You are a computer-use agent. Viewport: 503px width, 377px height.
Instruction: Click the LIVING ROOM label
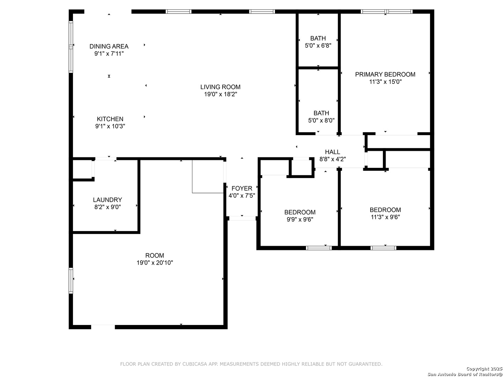pos(220,87)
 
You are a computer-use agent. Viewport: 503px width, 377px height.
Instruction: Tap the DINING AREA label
pos(109,46)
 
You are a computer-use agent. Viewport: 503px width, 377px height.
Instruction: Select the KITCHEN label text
pos(110,119)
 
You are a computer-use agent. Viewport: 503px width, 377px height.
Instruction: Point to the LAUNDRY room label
pos(108,200)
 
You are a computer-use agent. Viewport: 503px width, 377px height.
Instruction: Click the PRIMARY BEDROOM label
pos(385,74)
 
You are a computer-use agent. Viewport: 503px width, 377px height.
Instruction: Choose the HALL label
pos(332,152)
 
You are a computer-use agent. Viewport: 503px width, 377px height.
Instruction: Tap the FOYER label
pos(242,188)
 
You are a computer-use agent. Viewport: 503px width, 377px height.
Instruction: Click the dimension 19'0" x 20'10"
pos(155,263)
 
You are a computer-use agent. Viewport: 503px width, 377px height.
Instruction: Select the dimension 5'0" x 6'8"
pos(318,45)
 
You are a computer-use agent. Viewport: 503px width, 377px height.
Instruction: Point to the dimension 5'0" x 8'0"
pos(321,120)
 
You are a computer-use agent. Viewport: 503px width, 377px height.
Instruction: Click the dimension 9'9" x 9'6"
pos(300,220)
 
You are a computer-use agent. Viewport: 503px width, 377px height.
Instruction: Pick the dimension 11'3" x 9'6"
pos(385,217)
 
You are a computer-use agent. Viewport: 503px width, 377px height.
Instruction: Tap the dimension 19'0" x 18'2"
pos(220,94)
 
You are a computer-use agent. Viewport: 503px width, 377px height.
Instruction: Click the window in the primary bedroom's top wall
pos(387,12)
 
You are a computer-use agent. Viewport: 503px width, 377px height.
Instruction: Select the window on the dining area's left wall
pos(71,47)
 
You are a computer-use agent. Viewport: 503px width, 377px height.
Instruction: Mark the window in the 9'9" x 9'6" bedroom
pos(319,248)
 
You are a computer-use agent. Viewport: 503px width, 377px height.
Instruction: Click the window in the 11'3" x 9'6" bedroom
pos(384,248)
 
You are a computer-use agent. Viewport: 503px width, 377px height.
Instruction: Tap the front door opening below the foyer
pos(242,219)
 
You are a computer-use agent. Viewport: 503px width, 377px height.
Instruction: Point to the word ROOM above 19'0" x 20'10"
pos(155,256)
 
